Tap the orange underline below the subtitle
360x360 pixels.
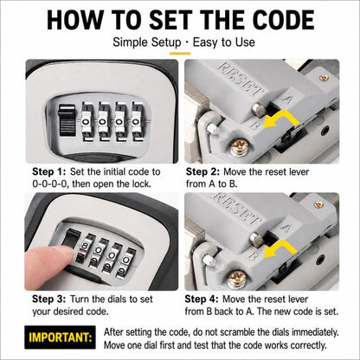[x=180, y=54]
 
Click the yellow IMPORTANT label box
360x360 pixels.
[x=60, y=337]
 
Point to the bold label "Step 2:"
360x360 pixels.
[x=202, y=171]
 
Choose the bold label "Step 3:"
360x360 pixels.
[x=49, y=299]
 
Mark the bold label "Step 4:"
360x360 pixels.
[x=202, y=299]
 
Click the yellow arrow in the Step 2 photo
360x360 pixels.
[x=281, y=120]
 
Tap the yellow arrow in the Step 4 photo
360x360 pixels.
[x=280, y=250]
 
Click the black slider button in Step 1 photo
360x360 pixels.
[x=67, y=119]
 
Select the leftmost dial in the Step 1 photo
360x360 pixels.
[x=86, y=121]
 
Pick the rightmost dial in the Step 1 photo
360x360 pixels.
[x=136, y=121]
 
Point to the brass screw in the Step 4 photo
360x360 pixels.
[x=237, y=279]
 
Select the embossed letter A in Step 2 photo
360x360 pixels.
[x=287, y=99]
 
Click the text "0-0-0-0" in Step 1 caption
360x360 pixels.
[x=49, y=183]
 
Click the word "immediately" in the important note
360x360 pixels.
[x=315, y=332]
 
